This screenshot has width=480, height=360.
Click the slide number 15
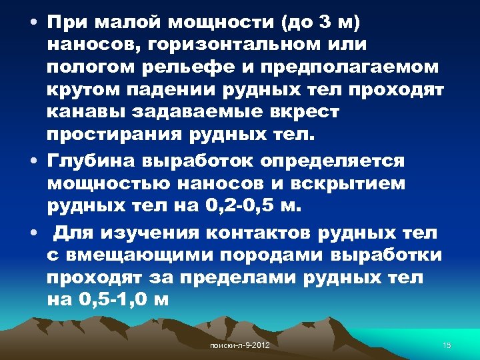(447, 345)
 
